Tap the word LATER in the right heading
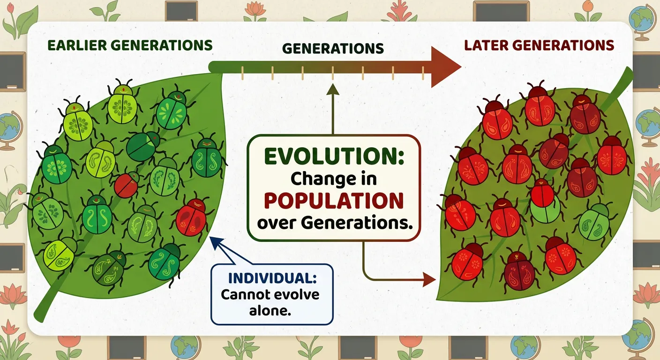click(x=487, y=45)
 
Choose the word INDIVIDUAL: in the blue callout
click(x=272, y=277)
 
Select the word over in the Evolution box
click(x=277, y=223)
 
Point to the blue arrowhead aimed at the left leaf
click(x=215, y=242)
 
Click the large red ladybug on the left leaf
click(x=191, y=217)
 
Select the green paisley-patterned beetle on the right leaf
click(x=593, y=221)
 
